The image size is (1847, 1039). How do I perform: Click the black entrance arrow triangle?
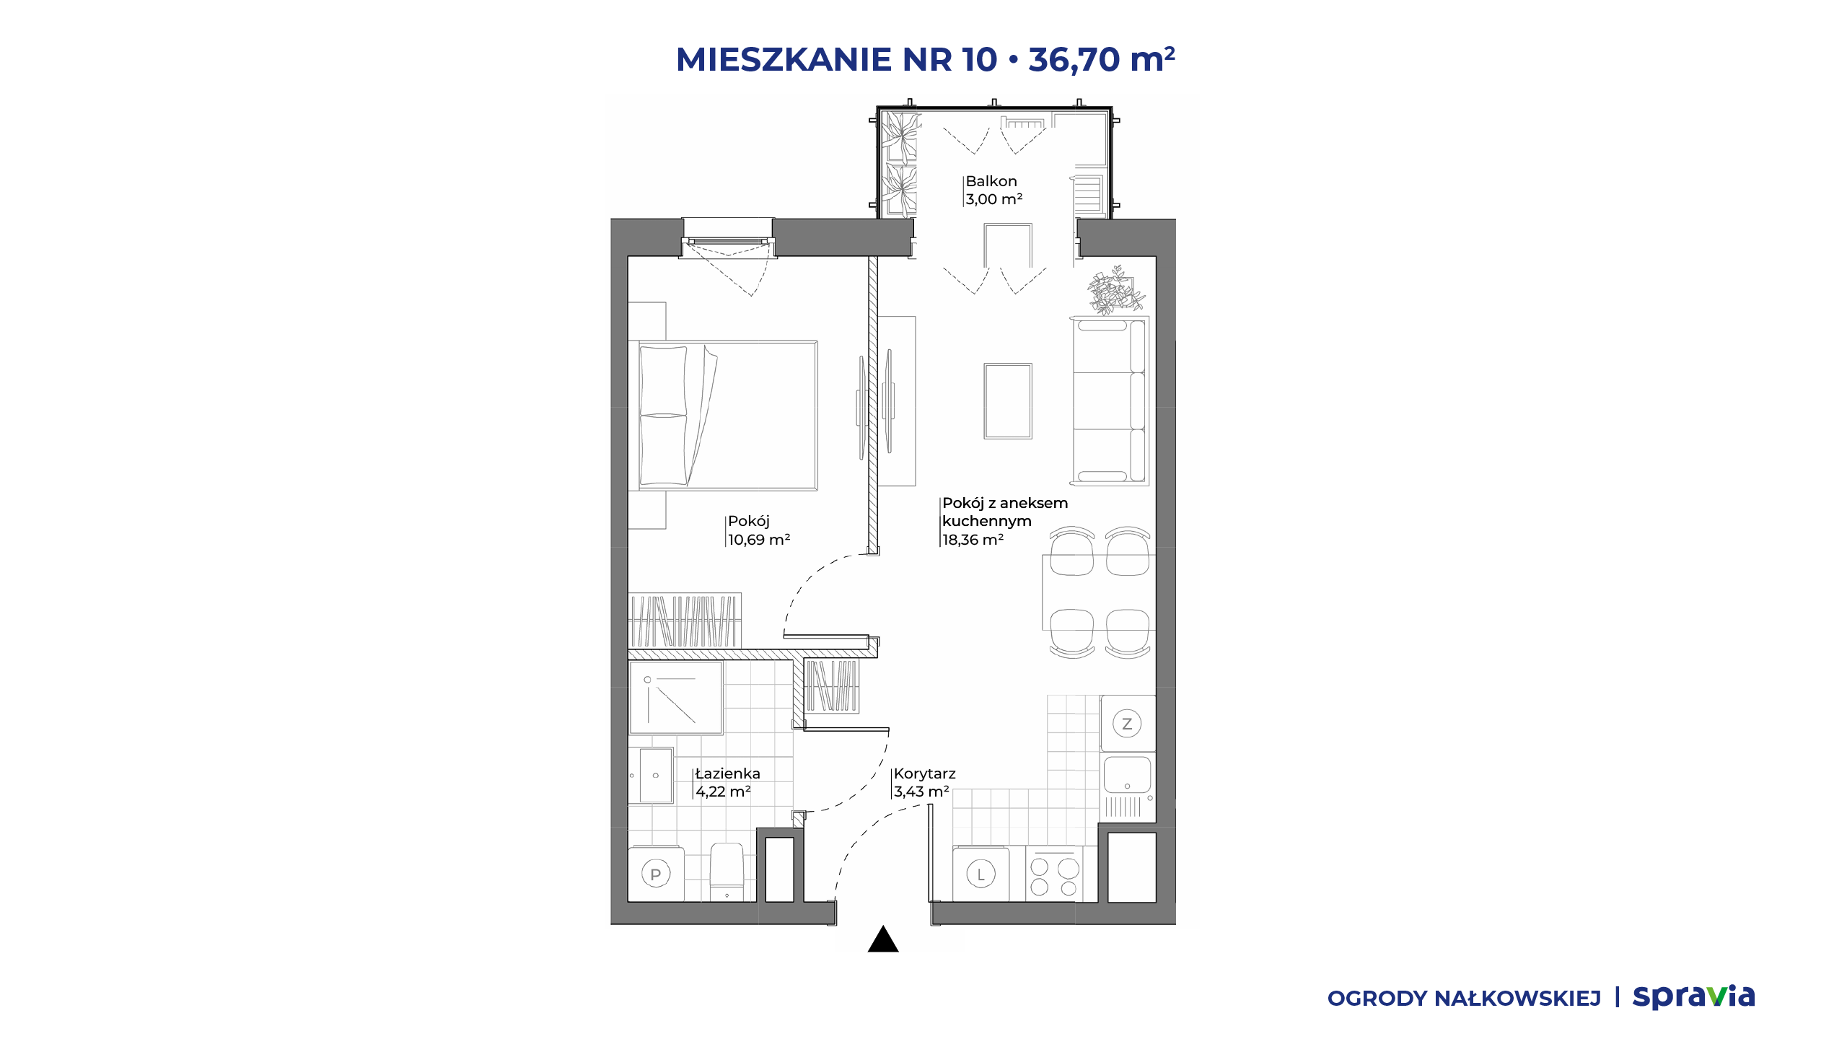[883, 939]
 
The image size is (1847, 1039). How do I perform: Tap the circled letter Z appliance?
[1127, 724]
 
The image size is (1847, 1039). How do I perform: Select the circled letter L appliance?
[980, 874]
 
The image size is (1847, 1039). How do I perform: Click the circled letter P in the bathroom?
[656, 874]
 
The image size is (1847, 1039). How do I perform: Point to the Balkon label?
[991, 181]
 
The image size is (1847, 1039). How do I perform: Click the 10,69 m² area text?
[759, 540]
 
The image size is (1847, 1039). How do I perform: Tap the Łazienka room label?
[727, 773]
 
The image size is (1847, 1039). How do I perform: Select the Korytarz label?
[925, 773]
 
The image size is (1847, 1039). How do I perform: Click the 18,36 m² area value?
[973, 540]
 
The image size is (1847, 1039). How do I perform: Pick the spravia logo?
[1693, 997]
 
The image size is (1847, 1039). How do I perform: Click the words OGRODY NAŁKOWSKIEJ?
[1464, 999]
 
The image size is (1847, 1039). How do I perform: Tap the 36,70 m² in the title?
[1102, 59]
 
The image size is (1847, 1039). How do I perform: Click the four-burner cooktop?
[1054, 874]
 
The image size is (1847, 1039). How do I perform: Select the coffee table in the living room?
[1008, 401]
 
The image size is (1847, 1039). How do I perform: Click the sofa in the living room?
[1110, 401]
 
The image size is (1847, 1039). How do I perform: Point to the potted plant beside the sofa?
[1115, 290]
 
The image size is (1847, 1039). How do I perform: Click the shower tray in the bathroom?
[675, 698]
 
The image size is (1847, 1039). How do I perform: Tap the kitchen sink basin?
[1127, 774]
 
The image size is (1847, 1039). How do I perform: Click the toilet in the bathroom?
[727, 872]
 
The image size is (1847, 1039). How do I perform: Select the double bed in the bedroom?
[728, 416]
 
